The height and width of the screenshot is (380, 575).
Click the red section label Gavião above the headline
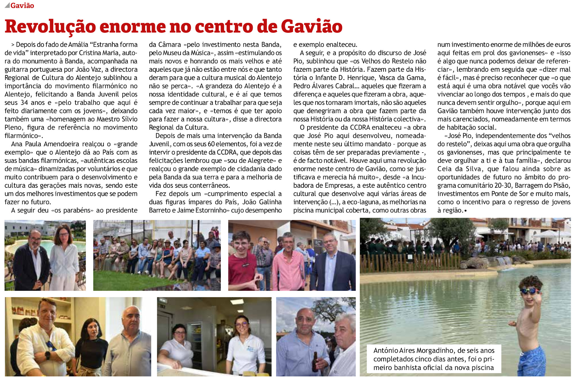[x=22, y=5]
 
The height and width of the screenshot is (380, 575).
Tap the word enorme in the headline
[x=133, y=26]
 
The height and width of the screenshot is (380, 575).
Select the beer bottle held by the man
[x=315, y=361]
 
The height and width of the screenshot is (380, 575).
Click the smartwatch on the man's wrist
[x=48, y=355]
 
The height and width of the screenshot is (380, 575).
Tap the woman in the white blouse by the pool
[x=65, y=256]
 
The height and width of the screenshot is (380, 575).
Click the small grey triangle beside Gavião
[x=7, y=5]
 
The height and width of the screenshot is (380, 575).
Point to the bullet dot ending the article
[x=465, y=210]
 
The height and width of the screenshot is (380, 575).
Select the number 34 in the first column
[x=24, y=102]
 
